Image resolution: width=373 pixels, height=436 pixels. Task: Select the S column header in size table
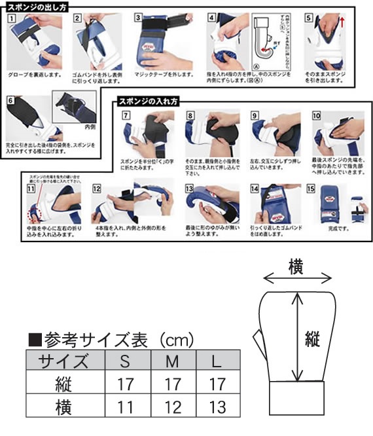(126, 361)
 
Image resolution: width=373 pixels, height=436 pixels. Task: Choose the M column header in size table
(172, 361)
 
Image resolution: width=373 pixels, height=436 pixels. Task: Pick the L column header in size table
(218, 361)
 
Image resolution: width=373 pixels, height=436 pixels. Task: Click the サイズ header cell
(64, 361)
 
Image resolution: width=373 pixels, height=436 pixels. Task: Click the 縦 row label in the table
(64, 384)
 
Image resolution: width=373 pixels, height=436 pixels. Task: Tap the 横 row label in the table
(64, 407)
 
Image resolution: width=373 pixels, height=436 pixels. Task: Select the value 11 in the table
(126, 407)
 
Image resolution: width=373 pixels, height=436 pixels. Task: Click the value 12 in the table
(172, 407)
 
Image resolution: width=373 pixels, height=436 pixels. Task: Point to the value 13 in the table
(218, 407)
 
